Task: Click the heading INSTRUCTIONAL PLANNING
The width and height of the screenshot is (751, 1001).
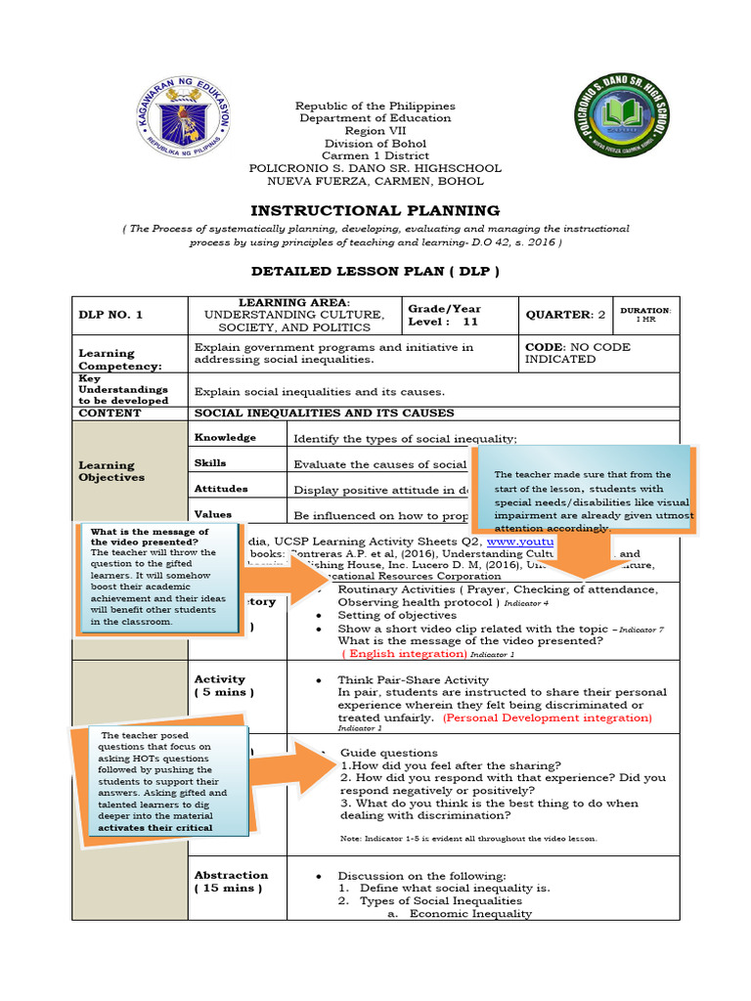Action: (375, 210)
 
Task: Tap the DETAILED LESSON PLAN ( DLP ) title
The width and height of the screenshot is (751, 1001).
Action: (375, 271)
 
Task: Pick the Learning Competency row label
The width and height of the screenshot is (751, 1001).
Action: (108, 359)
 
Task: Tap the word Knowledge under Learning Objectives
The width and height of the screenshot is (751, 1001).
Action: (225, 437)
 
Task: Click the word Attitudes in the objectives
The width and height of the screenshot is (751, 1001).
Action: (221, 488)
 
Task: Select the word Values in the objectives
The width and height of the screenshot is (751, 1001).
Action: (213, 513)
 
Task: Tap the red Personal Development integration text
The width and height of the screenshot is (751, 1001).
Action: (547, 717)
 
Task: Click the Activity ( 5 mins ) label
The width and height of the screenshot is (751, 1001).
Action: (223, 685)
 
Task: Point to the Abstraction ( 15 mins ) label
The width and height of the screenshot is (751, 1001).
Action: (231, 882)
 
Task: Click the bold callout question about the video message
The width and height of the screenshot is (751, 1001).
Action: (150, 537)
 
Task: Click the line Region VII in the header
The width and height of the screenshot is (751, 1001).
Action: (375, 131)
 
